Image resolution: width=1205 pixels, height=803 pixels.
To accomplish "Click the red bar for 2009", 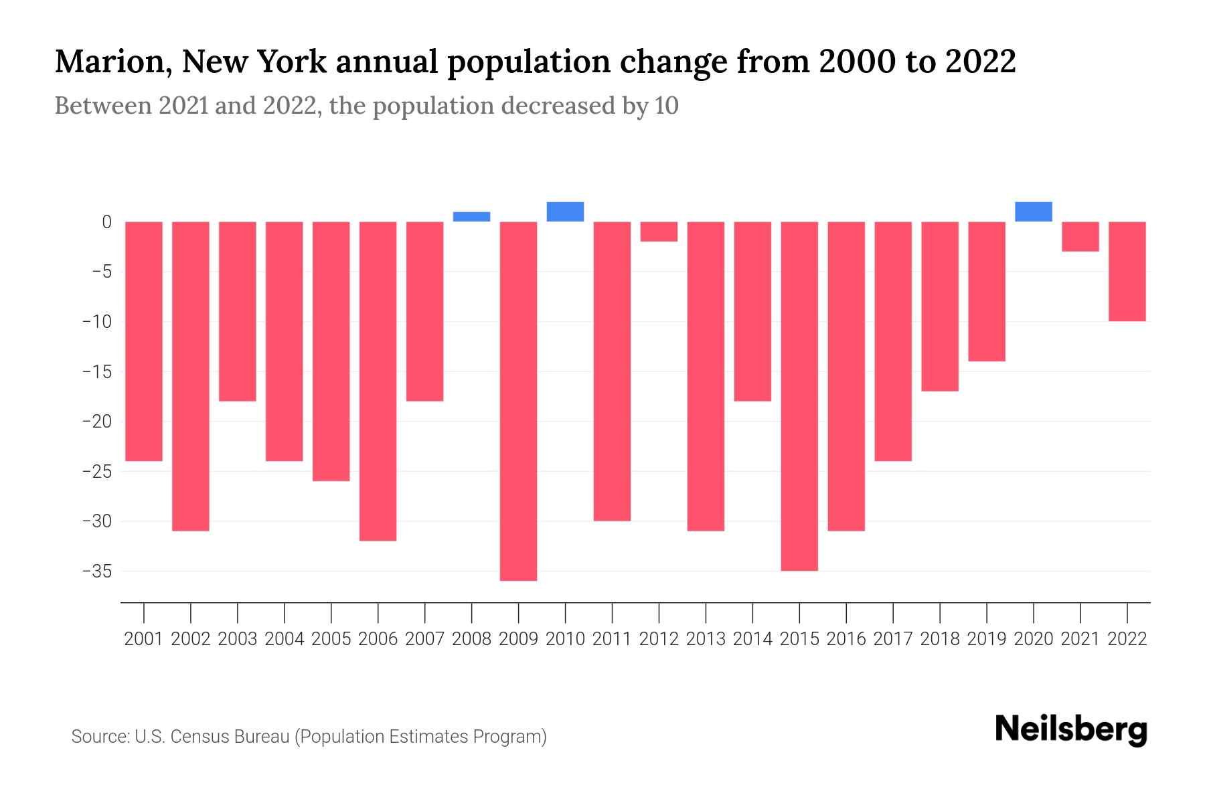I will pyautogui.click(x=518, y=401).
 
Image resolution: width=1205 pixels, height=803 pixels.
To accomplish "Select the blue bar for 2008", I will pyautogui.click(x=471, y=217).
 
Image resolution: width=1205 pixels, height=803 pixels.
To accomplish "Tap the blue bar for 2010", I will pyautogui.click(x=565, y=211).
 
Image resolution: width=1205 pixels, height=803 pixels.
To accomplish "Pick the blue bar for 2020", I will pyautogui.click(x=1033, y=211).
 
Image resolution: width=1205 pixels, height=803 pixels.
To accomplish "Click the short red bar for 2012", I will pyautogui.click(x=659, y=232).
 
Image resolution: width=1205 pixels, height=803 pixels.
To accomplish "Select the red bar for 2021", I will pyautogui.click(x=1080, y=236).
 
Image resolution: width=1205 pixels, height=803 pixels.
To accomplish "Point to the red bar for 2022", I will pyautogui.click(x=1127, y=271).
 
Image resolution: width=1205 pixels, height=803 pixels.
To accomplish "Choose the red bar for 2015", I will pyautogui.click(x=799, y=395).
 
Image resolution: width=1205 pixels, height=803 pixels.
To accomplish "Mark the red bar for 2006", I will pyautogui.click(x=378, y=381).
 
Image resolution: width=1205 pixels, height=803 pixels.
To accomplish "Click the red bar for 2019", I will pyautogui.click(x=986, y=291).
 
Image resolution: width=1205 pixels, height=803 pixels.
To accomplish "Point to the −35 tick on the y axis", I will pyautogui.click(x=96, y=571).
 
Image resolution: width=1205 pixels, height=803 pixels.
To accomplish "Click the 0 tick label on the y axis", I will pyautogui.click(x=106, y=222).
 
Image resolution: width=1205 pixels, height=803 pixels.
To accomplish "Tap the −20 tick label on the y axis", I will pyautogui.click(x=96, y=422).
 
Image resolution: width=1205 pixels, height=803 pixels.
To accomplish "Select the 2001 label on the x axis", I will pyautogui.click(x=144, y=639).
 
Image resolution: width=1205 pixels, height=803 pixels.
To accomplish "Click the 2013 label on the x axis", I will pyautogui.click(x=706, y=639).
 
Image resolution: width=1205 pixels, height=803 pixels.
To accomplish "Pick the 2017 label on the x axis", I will pyautogui.click(x=893, y=639).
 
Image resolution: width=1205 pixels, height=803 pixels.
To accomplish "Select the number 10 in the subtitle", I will pyautogui.click(x=666, y=106).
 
